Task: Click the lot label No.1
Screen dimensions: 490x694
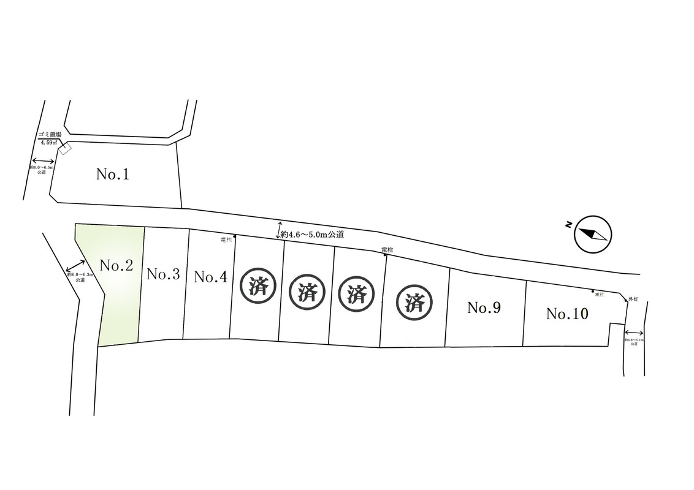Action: [x=113, y=175]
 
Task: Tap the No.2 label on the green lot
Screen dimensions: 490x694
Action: [x=116, y=266]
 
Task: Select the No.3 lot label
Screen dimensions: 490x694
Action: [x=163, y=274]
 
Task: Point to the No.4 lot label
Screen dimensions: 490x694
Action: [x=211, y=277]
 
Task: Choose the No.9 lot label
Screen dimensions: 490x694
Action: [x=484, y=307]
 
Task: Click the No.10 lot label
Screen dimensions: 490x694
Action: [x=567, y=314]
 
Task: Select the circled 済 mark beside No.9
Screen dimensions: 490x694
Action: [x=415, y=301]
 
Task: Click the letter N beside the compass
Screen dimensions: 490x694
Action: [x=569, y=226]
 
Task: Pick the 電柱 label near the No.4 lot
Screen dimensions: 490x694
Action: [x=226, y=240]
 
